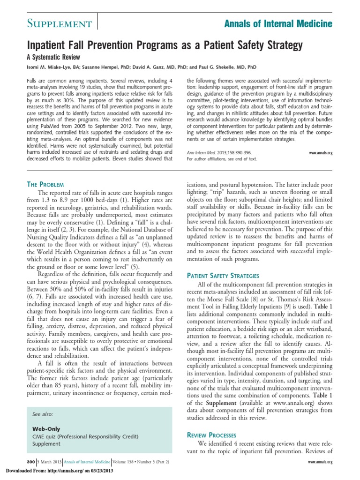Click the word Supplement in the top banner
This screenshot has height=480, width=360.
click(x=52, y=24)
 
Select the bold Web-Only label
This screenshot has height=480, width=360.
click(x=46, y=429)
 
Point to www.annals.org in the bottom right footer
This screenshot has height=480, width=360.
click(x=320, y=462)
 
